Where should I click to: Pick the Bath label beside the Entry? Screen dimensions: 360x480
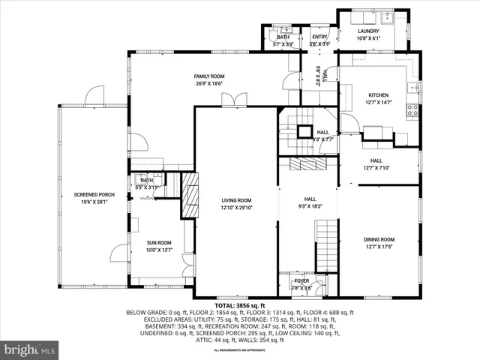tap(283, 40)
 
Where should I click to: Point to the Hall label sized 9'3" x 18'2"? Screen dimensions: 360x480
tap(310, 201)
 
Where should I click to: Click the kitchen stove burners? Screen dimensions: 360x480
tap(412, 111)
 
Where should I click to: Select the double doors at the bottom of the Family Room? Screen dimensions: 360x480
tap(238, 99)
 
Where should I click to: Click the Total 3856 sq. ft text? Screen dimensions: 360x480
tap(239, 306)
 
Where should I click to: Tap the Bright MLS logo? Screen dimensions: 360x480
tap(30, 349)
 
